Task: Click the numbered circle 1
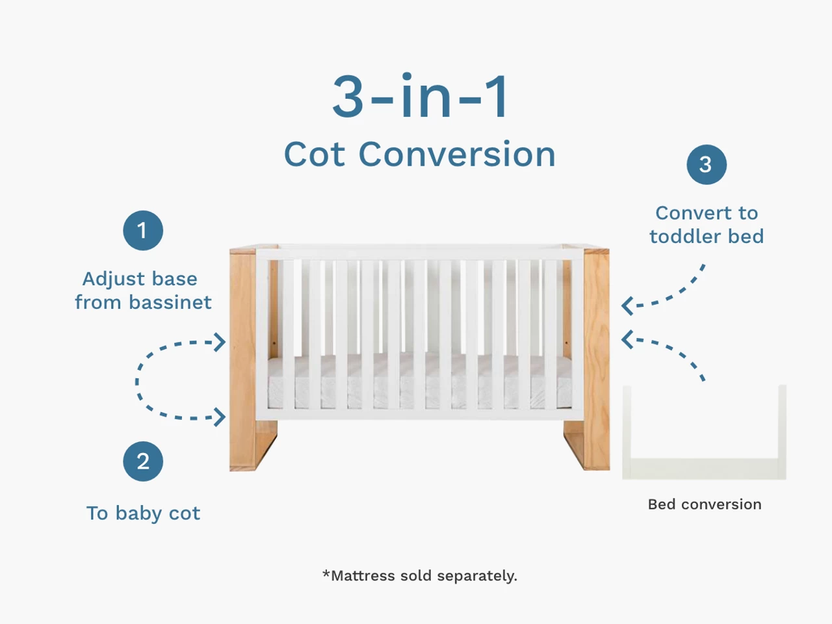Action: [143, 230]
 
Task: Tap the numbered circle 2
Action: [143, 461]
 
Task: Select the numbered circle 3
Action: [707, 164]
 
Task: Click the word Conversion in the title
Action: [457, 154]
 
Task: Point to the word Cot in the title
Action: [315, 155]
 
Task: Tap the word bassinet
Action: [170, 302]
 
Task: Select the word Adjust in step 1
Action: [113, 279]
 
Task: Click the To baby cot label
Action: [143, 513]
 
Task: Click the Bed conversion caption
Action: [705, 504]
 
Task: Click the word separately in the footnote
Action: [477, 577]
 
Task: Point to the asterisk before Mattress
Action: [326, 573]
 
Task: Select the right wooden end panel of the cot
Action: [587, 358]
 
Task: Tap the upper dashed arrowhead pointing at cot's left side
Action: [220, 342]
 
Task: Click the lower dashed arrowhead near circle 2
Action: [220, 417]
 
